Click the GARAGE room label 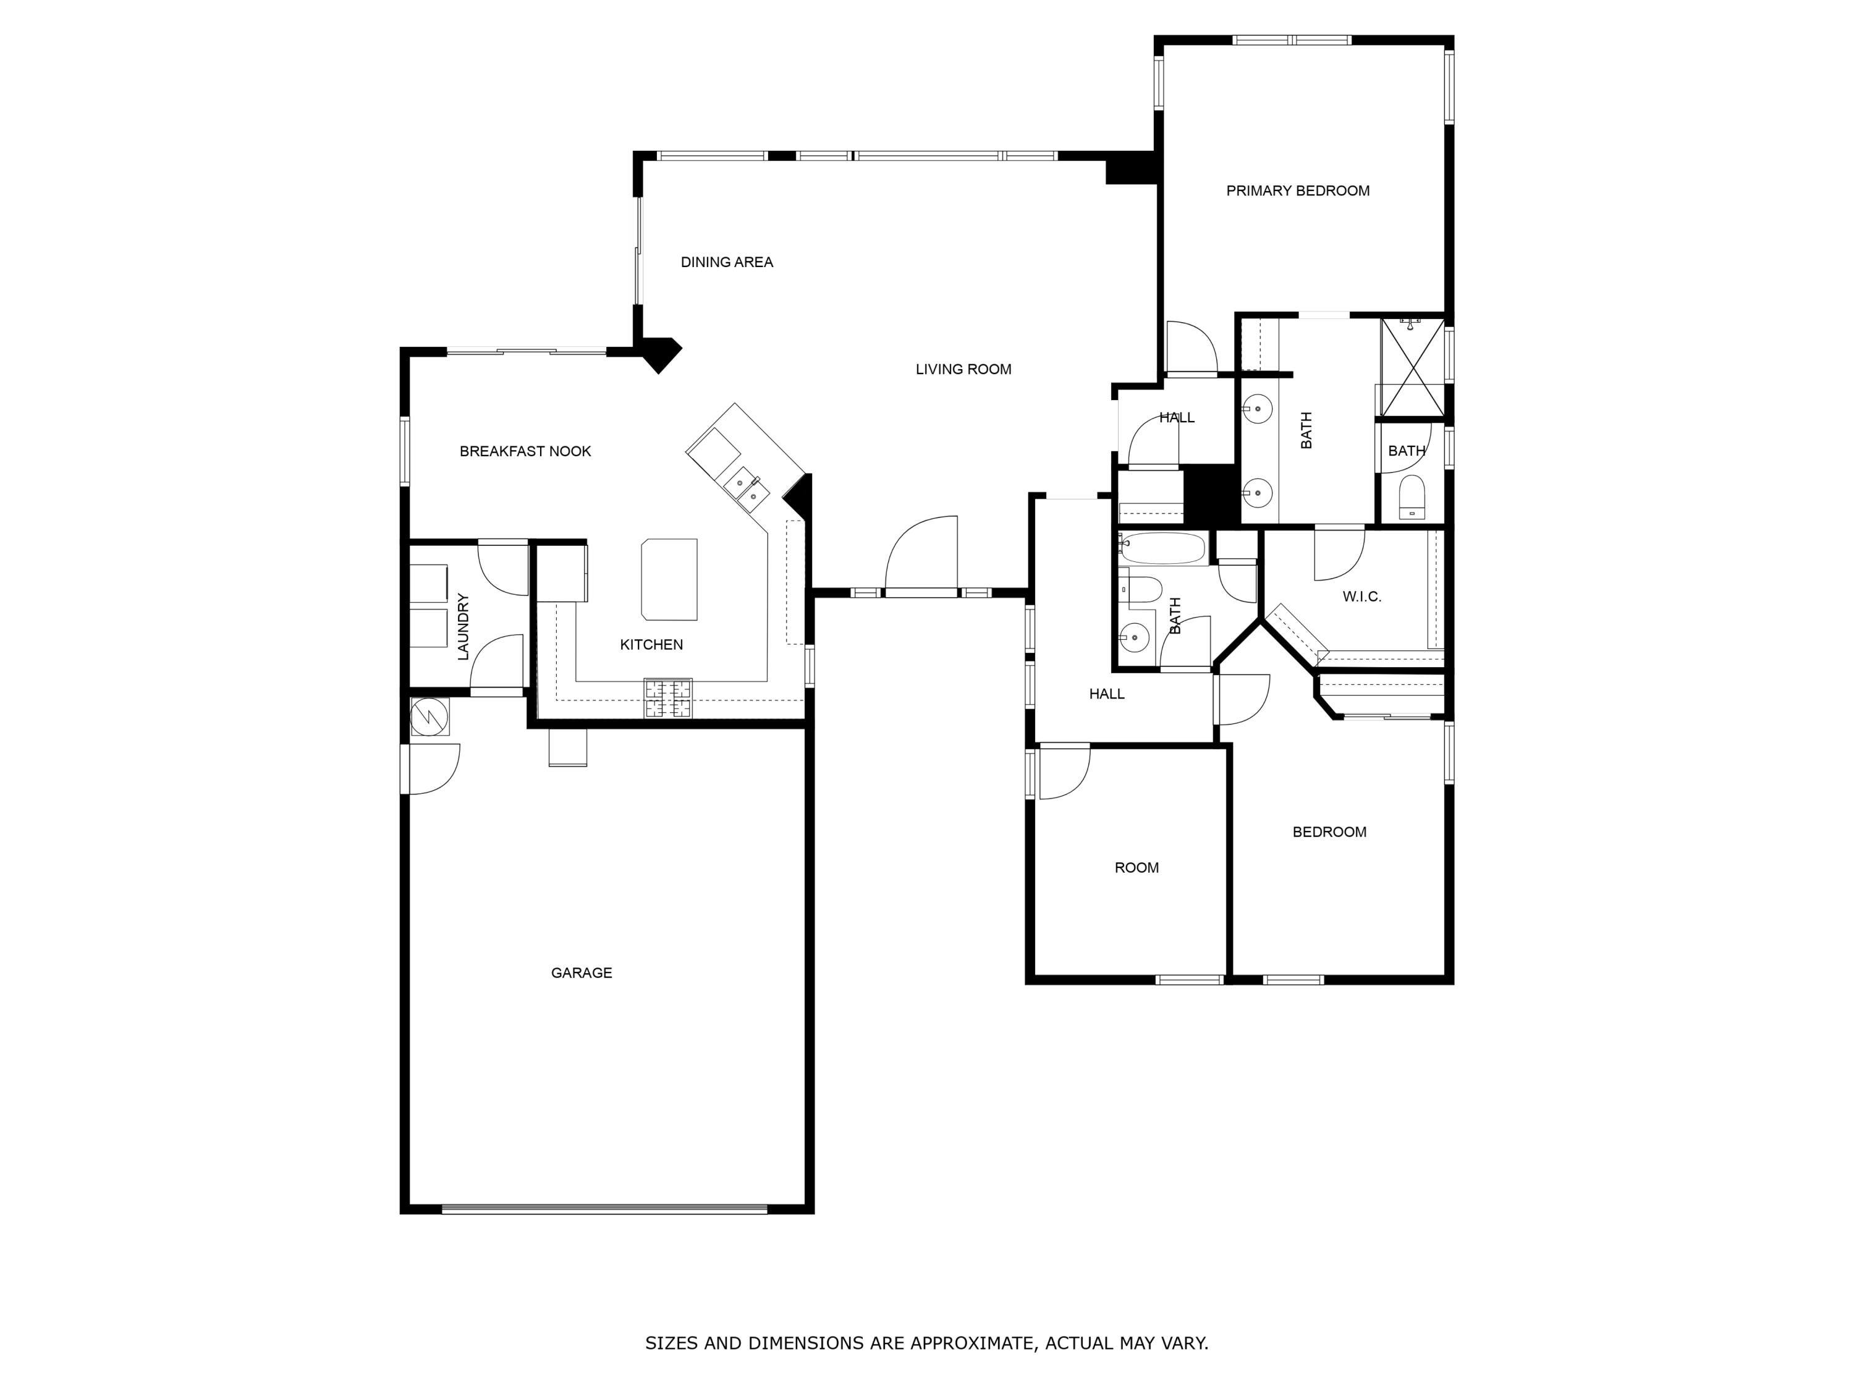tap(581, 972)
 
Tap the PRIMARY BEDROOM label tap(1297, 190)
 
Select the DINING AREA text tap(727, 262)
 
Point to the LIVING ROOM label tap(963, 369)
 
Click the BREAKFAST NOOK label tap(525, 451)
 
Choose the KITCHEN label tap(651, 644)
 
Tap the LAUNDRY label tap(463, 626)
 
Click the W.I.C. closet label tap(1361, 596)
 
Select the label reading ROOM tap(1137, 867)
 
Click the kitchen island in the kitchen tap(669, 579)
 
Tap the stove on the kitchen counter tap(668, 697)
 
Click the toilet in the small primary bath tap(1412, 497)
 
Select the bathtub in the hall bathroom tap(1163, 548)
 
